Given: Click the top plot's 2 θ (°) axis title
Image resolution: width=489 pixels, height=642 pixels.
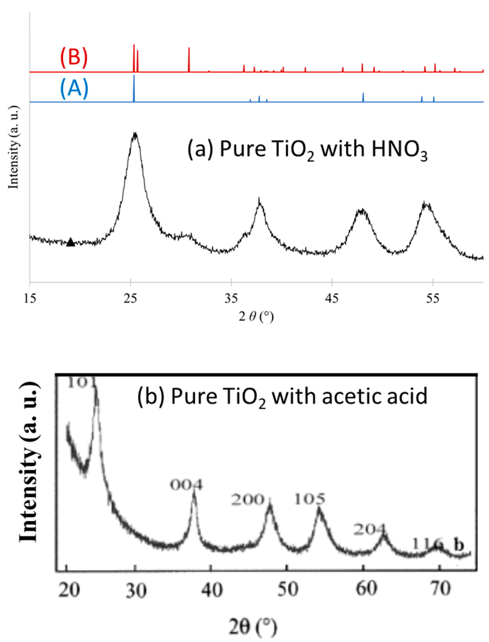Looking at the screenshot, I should (256, 317).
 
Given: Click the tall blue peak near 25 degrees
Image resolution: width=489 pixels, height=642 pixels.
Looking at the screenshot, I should (134, 87).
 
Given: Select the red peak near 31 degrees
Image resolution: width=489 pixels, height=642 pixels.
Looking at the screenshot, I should (189, 60).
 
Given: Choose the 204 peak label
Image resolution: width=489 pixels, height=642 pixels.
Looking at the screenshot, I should (370, 530).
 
